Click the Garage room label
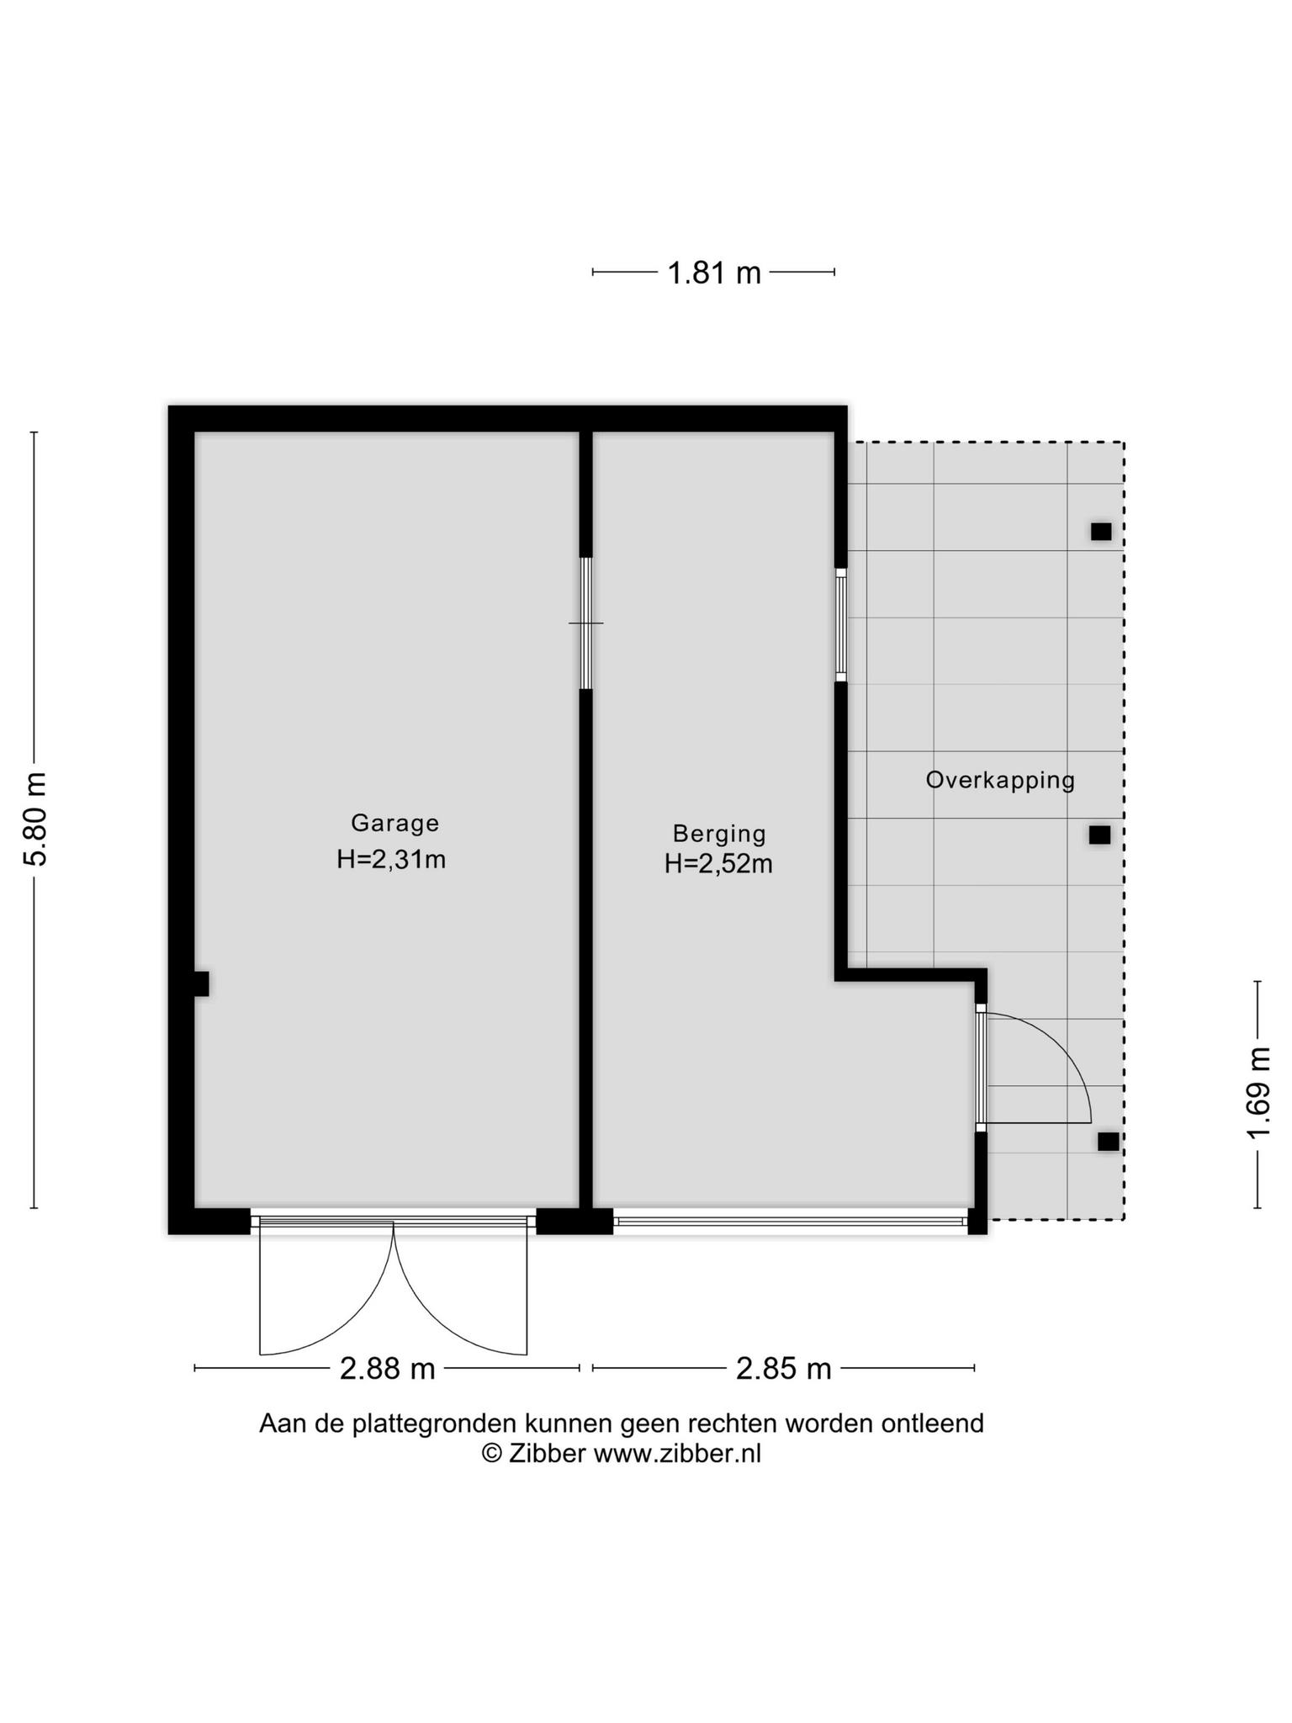click(x=394, y=823)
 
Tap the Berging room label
click(x=719, y=834)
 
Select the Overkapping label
click(x=1000, y=781)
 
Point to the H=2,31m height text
click(x=391, y=860)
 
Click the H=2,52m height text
click(x=718, y=864)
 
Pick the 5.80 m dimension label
click(x=36, y=819)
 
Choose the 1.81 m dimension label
click(x=713, y=273)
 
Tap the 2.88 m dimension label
click(x=387, y=1369)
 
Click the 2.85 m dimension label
click(x=783, y=1369)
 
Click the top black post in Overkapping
click(x=1101, y=532)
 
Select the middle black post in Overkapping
click(x=1099, y=835)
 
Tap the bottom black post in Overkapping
click(x=1109, y=1142)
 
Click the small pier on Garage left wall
click(x=202, y=983)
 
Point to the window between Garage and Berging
click(x=586, y=623)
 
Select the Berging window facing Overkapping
click(x=840, y=624)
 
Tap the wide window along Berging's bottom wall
click(x=791, y=1221)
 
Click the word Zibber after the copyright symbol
click(x=547, y=1453)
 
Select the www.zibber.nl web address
click(x=677, y=1453)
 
